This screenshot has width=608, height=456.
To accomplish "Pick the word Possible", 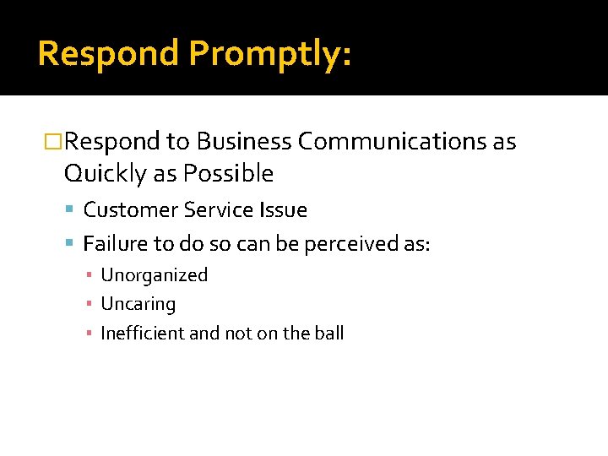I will pyautogui.click(x=228, y=174).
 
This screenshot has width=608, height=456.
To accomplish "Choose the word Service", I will pyautogui.click(x=206, y=210).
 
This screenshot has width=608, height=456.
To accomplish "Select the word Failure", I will pyautogui.click(x=115, y=245).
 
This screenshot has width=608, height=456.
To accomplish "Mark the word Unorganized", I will pyautogui.click(x=154, y=275).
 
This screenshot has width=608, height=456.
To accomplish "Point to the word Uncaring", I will pyautogui.click(x=138, y=304).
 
